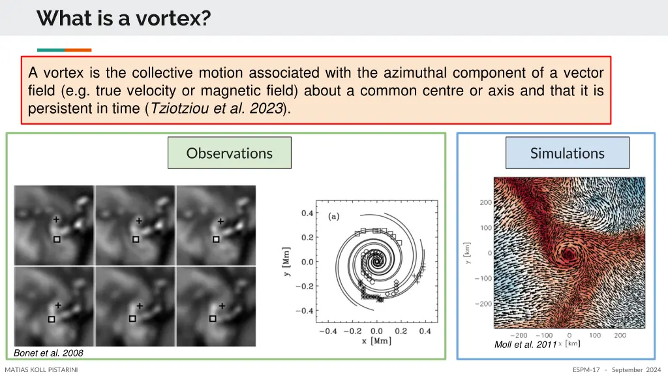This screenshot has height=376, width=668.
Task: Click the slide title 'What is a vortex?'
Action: [124, 18]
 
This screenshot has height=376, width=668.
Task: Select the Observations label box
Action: [229, 153]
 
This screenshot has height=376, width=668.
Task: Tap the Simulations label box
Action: [567, 153]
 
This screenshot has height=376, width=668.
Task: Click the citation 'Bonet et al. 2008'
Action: [48, 352]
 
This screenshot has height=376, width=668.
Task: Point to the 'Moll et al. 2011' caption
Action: [525, 344]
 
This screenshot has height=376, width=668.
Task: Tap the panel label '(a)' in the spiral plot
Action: [333, 217]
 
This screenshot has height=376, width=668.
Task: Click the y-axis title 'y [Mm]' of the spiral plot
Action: [287, 261]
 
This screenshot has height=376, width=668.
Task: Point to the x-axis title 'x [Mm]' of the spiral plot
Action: [376, 341]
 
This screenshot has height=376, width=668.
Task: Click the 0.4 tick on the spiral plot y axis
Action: [306, 213]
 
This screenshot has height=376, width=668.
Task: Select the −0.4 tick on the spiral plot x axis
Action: [327, 331]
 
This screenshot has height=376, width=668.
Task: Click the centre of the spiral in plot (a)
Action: [376, 262]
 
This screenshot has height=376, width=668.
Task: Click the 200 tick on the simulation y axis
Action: [485, 202]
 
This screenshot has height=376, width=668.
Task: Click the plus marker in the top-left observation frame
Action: [56, 219]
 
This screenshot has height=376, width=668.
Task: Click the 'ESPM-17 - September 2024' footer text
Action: [616, 370]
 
